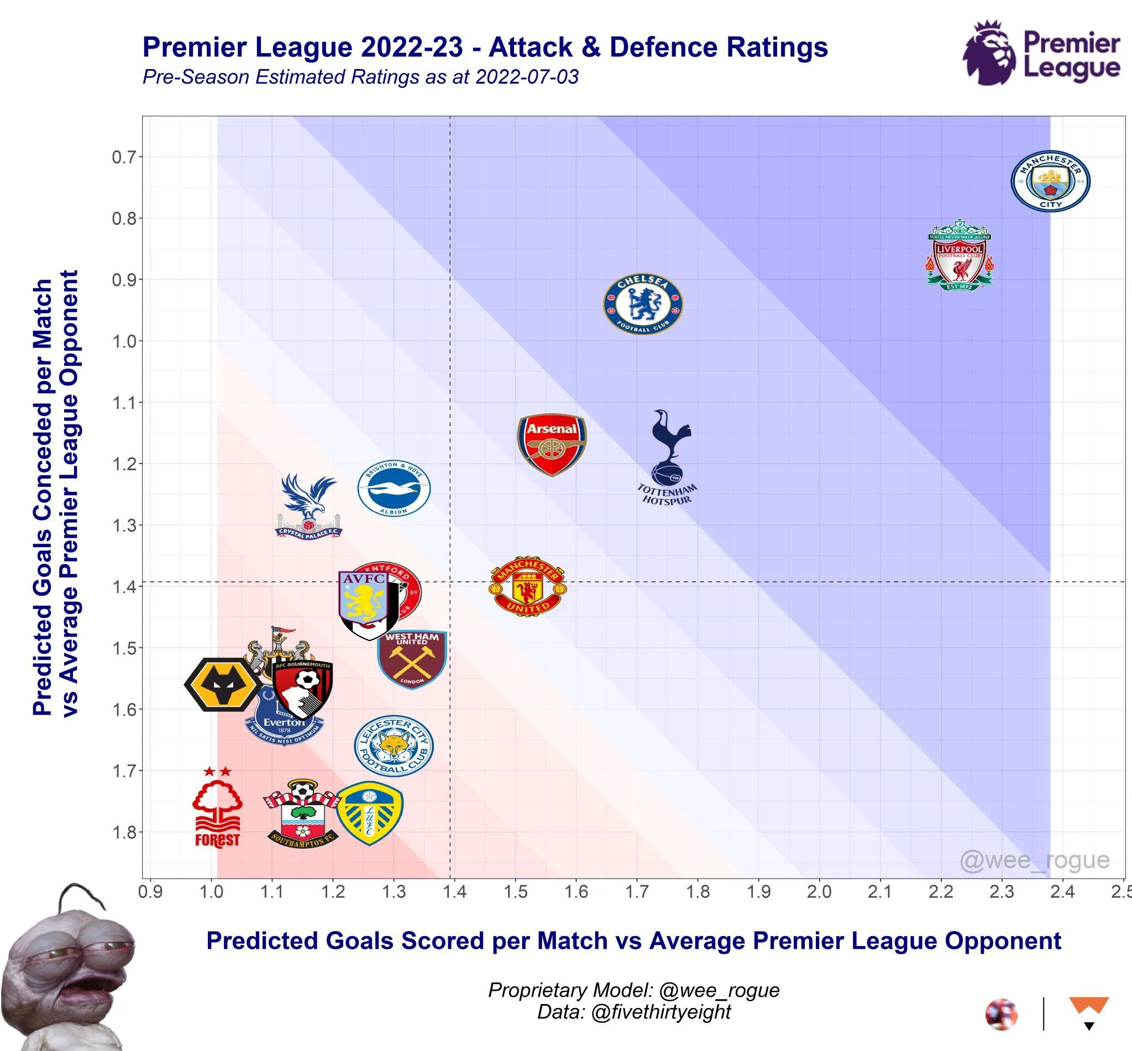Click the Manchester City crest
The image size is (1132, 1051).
pyautogui.click(x=1050, y=181)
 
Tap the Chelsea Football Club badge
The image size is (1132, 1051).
pyautogui.click(x=643, y=304)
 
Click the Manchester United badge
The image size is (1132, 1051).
pyautogui.click(x=528, y=586)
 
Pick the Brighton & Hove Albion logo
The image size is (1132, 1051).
pyautogui.click(x=394, y=488)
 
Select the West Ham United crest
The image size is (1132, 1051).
pyautogui.click(x=412, y=659)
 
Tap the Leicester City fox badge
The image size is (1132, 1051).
pyautogui.click(x=394, y=745)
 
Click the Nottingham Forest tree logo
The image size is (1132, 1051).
pyautogui.click(x=217, y=807)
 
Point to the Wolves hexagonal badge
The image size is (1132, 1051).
pyautogui.click(x=222, y=685)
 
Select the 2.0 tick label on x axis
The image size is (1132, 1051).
pyautogui.click(x=819, y=892)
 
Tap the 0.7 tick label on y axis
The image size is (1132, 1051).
pyautogui.click(x=123, y=157)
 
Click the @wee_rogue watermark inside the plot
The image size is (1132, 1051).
pyautogui.click(x=1034, y=860)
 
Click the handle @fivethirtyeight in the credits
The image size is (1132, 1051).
pyautogui.click(x=661, y=1012)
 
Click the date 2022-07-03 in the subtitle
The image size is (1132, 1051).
pyautogui.click(x=527, y=77)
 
